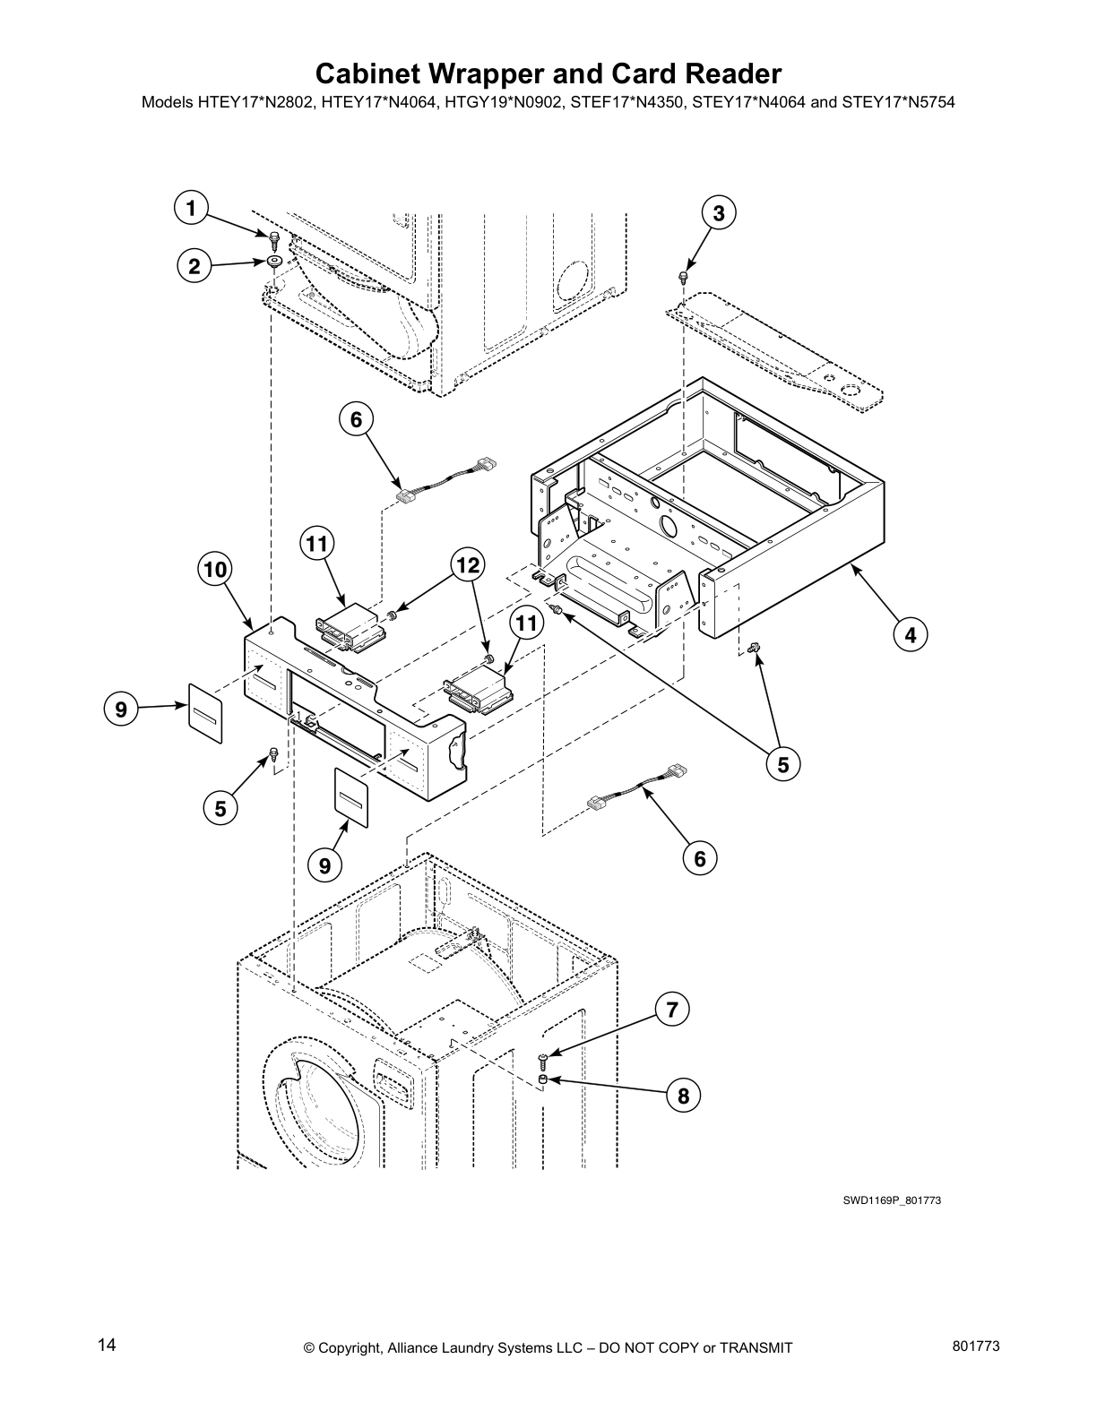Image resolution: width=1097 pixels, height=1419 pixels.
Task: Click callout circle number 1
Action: (189, 209)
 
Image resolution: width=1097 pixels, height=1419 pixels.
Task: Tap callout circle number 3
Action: (718, 213)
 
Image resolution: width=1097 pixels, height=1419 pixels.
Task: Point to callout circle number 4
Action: (910, 635)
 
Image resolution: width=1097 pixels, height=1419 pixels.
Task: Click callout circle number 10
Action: (215, 569)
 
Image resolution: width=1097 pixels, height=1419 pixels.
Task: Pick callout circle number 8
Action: (683, 1095)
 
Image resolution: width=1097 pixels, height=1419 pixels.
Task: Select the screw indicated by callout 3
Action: (684, 276)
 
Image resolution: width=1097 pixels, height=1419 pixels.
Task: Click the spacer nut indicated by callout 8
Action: (543, 1079)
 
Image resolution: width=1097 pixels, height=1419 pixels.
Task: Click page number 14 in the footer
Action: (107, 1346)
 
